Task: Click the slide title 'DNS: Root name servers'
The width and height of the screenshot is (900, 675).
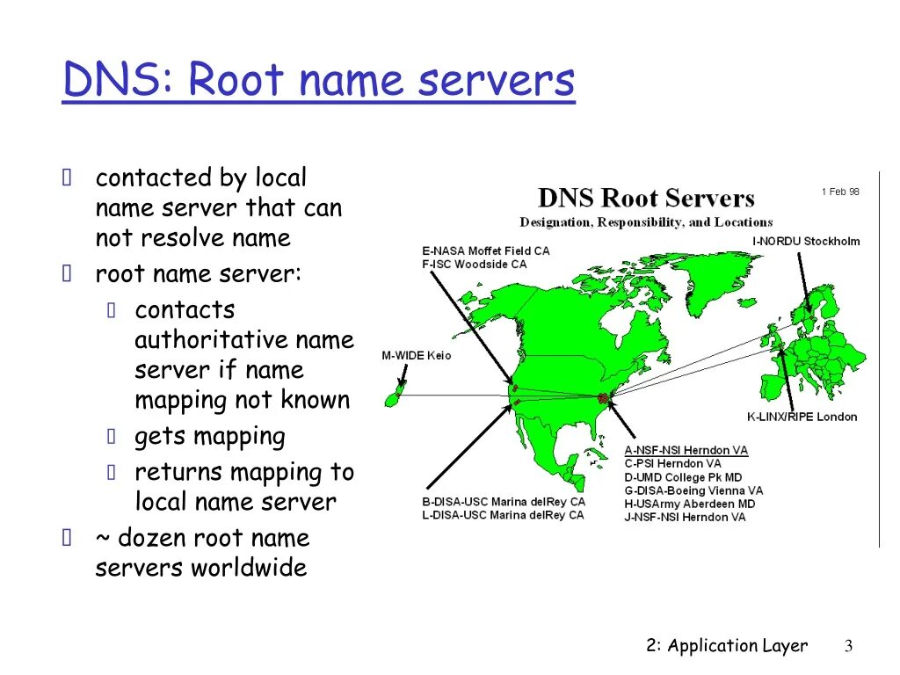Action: tap(318, 81)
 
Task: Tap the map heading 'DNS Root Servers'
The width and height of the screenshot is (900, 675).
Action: tap(646, 199)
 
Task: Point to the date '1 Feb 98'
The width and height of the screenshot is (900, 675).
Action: tap(840, 192)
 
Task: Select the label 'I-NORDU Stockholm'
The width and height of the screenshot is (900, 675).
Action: tap(806, 241)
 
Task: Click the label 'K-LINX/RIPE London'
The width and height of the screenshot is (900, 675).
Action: tap(802, 417)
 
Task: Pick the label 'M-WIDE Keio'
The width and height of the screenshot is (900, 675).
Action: tap(416, 355)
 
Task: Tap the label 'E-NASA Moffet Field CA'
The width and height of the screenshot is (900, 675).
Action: tap(485, 250)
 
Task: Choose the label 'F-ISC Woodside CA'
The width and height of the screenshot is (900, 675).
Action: tap(475, 264)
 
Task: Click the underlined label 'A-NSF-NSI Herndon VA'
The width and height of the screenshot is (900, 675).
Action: tap(686, 450)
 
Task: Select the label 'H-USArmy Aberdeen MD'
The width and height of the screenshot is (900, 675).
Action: tap(689, 504)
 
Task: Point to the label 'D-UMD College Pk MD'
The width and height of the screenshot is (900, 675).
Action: tap(683, 477)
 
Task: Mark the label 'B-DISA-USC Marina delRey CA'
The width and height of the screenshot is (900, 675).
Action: tap(503, 502)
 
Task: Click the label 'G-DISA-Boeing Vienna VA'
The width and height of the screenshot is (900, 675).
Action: tap(693, 490)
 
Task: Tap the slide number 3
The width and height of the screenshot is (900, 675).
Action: tap(848, 647)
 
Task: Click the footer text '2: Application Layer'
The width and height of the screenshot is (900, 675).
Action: tap(726, 646)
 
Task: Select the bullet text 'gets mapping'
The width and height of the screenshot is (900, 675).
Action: tap(209, 437)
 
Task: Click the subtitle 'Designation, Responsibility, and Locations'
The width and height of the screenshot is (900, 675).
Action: tap(646, 222)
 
